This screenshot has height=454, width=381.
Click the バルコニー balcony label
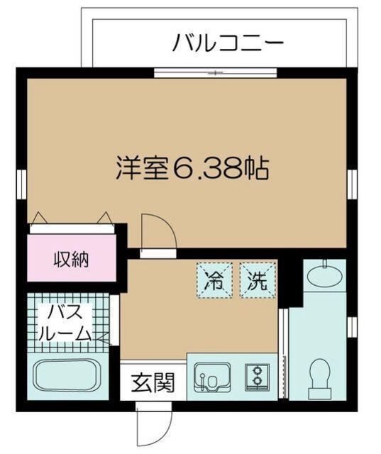[x=228, y=44]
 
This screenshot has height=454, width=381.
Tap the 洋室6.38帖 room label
[x=192, y=168]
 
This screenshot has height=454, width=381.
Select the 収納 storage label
[x=72, y=259]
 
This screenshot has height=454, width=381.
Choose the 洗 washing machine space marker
[x=255, y=279]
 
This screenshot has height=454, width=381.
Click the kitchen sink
[x=211, y=379]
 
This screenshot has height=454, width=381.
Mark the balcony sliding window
[x=216, y=72]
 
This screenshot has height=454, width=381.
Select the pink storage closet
[x=72, y=259]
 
